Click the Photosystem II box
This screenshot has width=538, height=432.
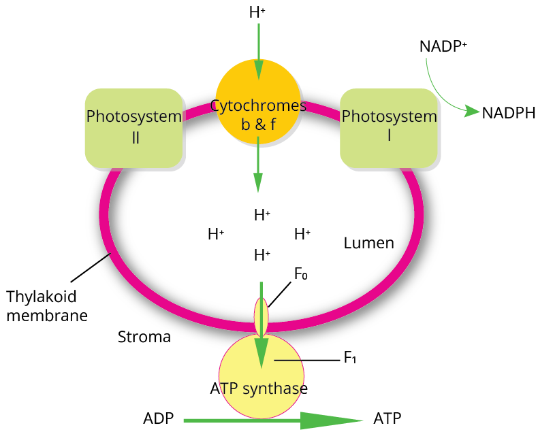pyautogui.click(x=133, y=127)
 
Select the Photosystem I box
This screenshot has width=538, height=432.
pyautogui.click(x=389, y=127)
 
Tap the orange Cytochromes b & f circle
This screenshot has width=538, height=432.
pyautogui.click(x=258, y=102)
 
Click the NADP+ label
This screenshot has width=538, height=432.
pyautogui.click(x=442, y=46)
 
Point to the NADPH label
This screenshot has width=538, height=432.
pyautogui.click(x=508, y=113)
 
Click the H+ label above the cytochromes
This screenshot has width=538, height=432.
pyautogui.click(x=258, y=12)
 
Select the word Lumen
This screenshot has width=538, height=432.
pyautogui.click(x=368, y=243)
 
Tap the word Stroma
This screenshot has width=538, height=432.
pyautogui.click(x=144, y=337)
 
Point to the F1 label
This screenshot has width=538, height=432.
pyautogui.click(x=350, y=358)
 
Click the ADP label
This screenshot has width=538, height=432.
pyautogui.click(x=158, y=417)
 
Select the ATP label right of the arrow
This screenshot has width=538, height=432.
pyautogui.click(x=387, y=417)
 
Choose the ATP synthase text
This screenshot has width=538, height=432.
pyautogui.click(x=259, y=388)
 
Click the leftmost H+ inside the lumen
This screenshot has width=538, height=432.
pyautogui.click(x=216, y=235)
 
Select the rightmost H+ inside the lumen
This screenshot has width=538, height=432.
pyautogui.click(x=302, y=235)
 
